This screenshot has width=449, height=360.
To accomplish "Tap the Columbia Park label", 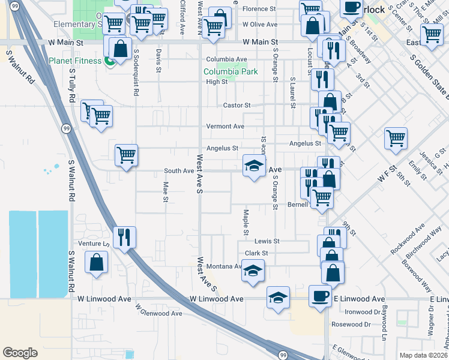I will pyautogui.click(x=231, y=71).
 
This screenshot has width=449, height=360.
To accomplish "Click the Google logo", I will pyautogui.click(x=20, y=353).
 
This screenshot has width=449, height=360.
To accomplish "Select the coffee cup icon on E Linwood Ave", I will pyautogui.click(x=319, y=295).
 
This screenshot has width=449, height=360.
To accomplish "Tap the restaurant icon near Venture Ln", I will pyautogui.click(x=124, y=236).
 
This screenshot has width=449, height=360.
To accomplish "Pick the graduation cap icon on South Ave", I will pyautogui.click(x=254, y=166).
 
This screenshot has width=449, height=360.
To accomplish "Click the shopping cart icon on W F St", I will pyautogui.click(x=396, y=138).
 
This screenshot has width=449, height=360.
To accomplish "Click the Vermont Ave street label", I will pyautogui.click(x=225, y=127).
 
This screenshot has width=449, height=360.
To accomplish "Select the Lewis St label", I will pyautogui.click(x=267, y=241).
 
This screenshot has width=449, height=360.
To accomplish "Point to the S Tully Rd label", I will pyautogui.click(x=71, y=84).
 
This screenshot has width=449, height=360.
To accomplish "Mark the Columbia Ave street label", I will pyautogui.click(x=226, y=59).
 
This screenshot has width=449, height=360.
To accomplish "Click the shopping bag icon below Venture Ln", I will pyautogui.click(x=96, y=262).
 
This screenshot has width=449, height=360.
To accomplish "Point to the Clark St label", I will pyautogui.click(x=256, y=253).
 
